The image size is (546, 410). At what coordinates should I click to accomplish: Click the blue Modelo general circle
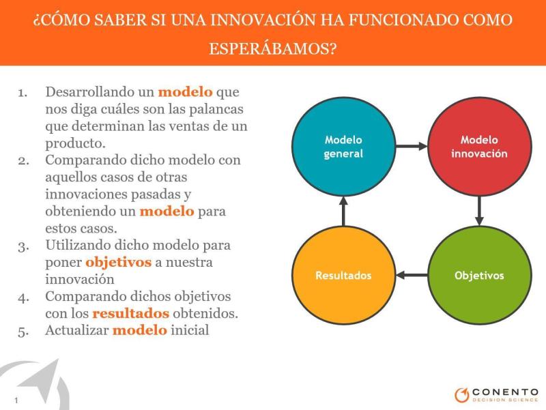coord(344,147)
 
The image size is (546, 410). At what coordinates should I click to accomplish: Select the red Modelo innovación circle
coord(480,147)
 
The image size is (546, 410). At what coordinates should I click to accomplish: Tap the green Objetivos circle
coord(480,276)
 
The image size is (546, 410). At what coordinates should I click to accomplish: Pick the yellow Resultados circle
coord(344,276)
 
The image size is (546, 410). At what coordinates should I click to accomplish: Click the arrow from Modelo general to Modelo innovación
coord(412,146)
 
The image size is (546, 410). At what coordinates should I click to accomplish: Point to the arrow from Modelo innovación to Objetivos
coord(480,211)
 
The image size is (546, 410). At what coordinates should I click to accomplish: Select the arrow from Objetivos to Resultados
coord(412,276)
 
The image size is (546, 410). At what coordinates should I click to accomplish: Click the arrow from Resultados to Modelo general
coord(344,211)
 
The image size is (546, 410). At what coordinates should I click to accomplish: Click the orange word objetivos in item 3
coord(118,262)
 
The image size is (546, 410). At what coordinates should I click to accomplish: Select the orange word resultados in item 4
coord(130,313)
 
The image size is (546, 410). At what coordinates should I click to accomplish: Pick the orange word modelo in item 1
coord(185,92)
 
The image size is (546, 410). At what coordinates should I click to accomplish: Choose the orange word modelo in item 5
coord(140,330)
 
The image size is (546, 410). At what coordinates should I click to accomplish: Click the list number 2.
coord(23,161)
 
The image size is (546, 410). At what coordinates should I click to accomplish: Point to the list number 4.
coord(23,297)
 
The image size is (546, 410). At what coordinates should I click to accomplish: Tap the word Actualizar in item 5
coord(77,330)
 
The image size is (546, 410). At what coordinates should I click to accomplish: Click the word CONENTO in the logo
coord(505,392)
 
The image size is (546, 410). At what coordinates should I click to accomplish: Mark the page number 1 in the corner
coord(16,400)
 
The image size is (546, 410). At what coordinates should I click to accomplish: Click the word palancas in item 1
coord(216,109)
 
